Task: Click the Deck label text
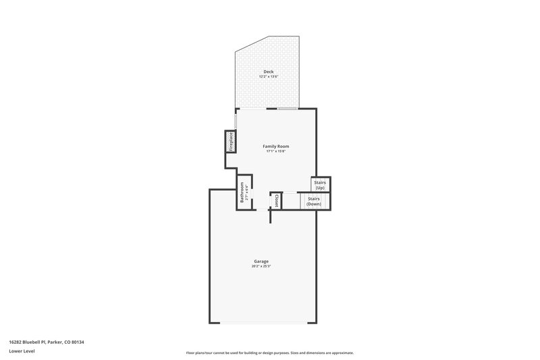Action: pyautogui.click(x=268, y=72)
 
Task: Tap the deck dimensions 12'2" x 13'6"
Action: pyautogui.click(x=268, y=77)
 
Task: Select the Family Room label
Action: pyautogui.click(x=276, y=147)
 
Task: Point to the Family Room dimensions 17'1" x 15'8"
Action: pyautogui.click(x=276, y=152)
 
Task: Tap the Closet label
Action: pyautogui.click(x=276, y=200)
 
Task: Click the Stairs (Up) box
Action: pyautogui.click(x=320, y=184)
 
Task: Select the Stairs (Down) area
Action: pyautogui.click(x=314, y=201)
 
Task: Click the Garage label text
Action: pyautogui.click(x=261, y=261)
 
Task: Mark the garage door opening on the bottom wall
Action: pyautogui.click(x=263, y=322)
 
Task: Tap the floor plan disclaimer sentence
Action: pyautogui.click(x=270, y=353)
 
